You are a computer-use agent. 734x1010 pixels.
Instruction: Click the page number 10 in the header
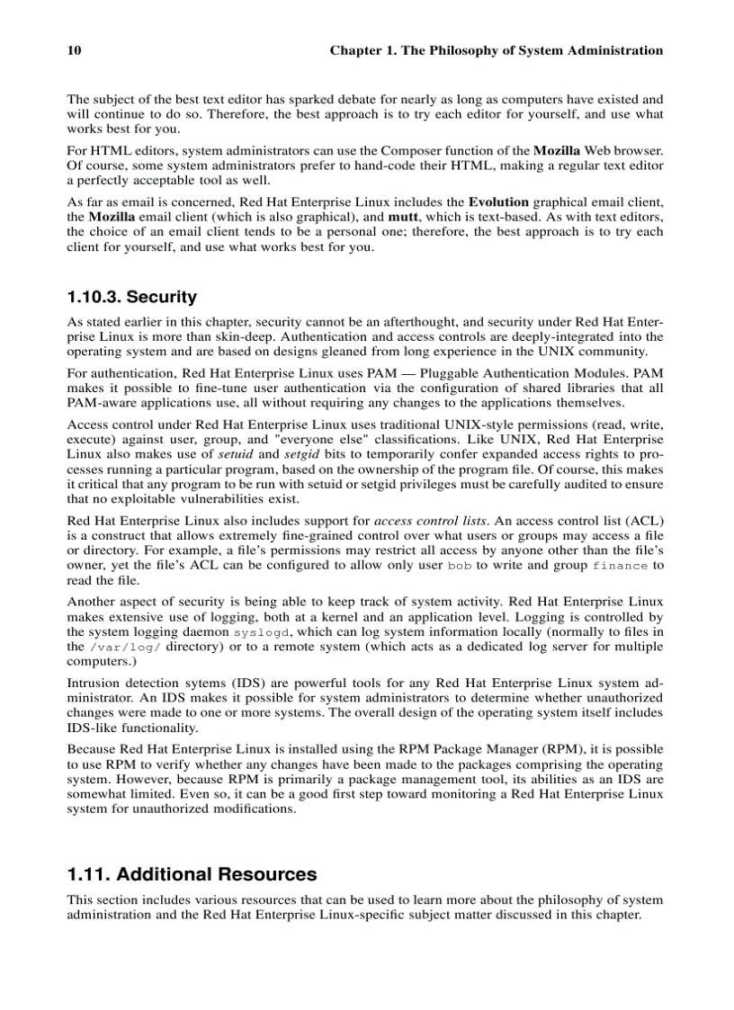click(x=75, y=50)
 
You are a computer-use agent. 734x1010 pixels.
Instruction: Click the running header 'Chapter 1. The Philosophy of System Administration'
click(x=496, y=50)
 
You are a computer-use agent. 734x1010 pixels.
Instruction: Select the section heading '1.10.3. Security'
click(x=132, y=297)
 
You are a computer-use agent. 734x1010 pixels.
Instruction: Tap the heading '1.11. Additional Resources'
click(x=192, y=874)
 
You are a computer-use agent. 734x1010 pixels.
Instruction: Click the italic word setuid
click(x=238, y=453)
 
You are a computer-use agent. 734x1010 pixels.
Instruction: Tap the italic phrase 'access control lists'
click(x=430, y=520)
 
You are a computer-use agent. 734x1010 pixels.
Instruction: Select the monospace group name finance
click(x=621, y=566)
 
